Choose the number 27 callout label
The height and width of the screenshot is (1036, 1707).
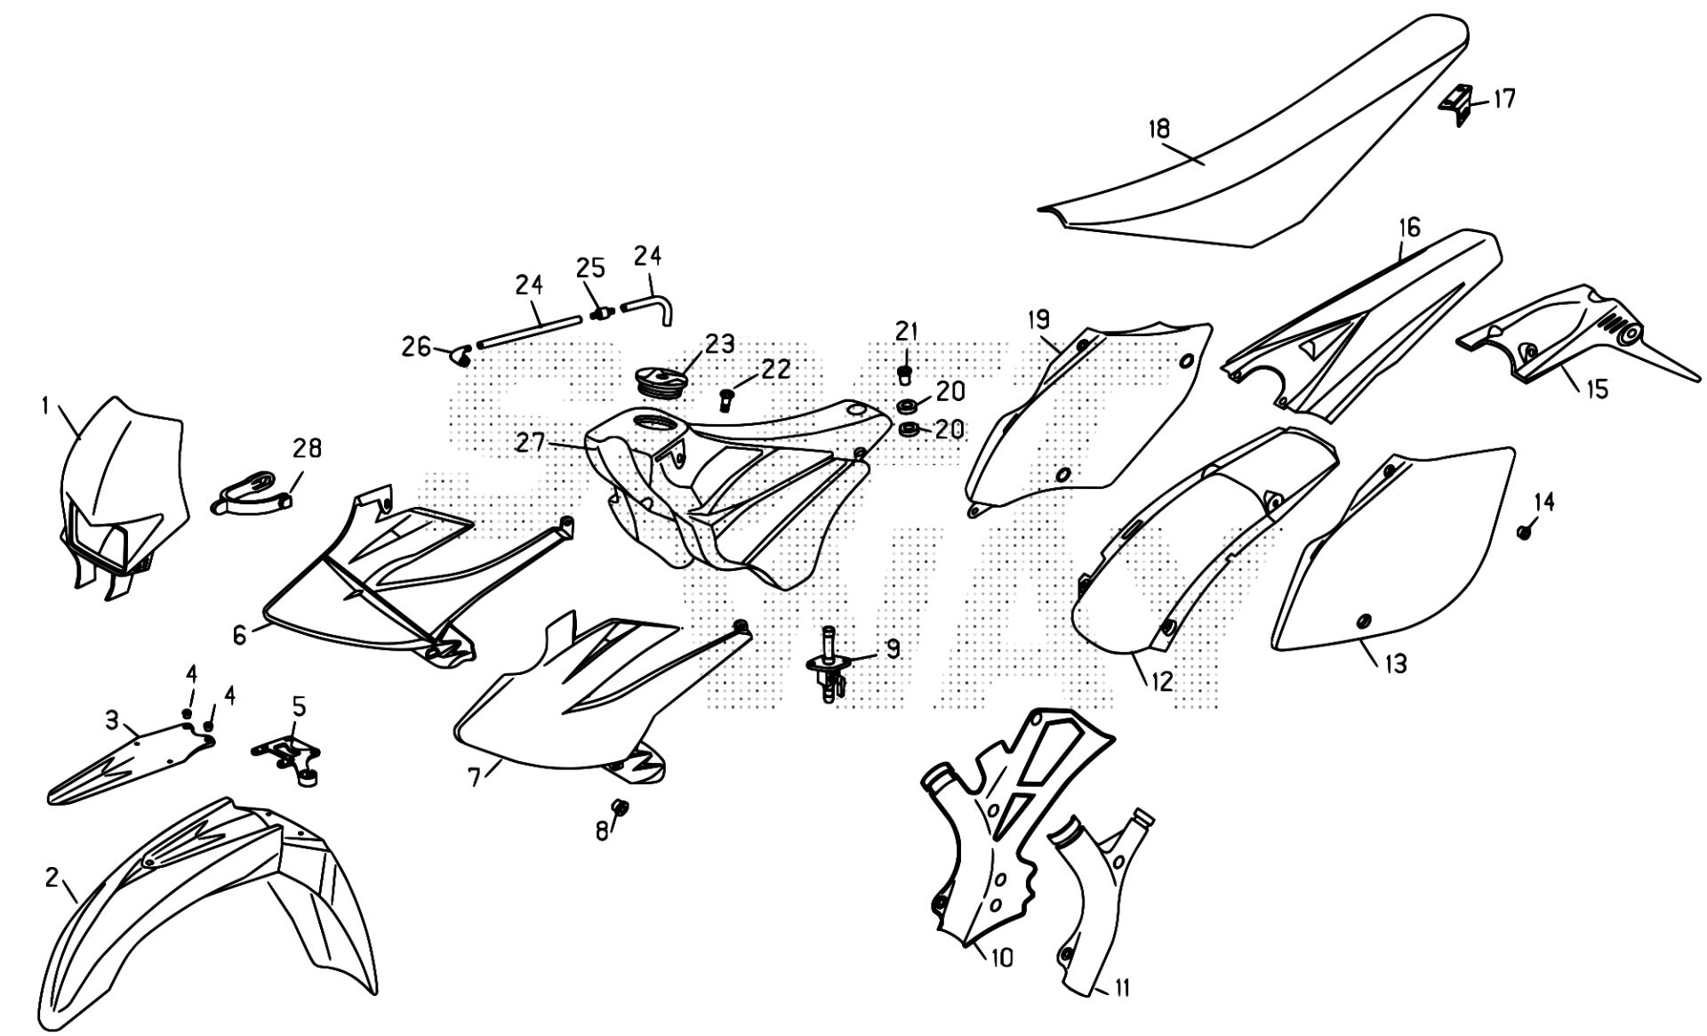click(x=531, y=442)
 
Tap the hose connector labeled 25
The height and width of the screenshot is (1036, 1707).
click(x=600, y=313)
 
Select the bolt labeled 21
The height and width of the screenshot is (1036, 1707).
click(x=905, y=373)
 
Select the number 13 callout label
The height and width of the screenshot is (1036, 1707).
click(x=1396, y=663)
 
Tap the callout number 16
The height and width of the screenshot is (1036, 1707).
click(x=1410, y=229)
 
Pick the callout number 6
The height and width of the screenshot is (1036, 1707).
click(x=239, y=636)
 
